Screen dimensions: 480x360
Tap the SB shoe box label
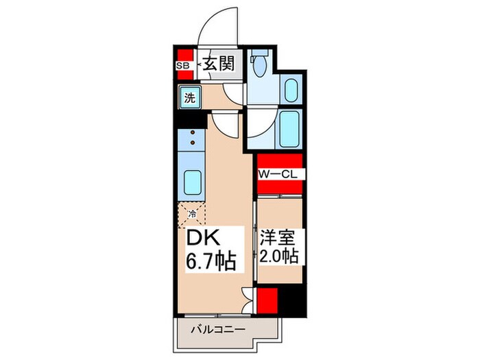pyautogui.click(x=183, y=65)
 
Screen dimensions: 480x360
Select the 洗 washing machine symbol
pyautogui.click(x=190, y=97)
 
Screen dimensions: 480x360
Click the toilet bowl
pyautogui.click(x=260, y=66)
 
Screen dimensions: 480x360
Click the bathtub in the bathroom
pyautogui.click(x=289, y=129)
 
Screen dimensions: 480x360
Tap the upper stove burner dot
pyautogui.click(x=193, y=132)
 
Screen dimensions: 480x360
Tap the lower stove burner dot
pyautogui.click(x=193, y=142)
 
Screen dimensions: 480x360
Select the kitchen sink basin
pyautogui.click(x=193, y=182)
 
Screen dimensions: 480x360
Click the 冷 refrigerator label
pyautogui.click(x=192, y=213)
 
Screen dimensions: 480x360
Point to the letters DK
pyautogui.click(x=203, y=237)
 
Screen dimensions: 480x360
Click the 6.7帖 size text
pyautogui.click(x=211, y=261)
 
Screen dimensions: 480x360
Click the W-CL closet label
pyautogui.click(x=278, y=174)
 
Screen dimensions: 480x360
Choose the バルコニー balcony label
pyautogui.click(x=218, y=330)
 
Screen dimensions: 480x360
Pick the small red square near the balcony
pyautogui.click(x=267, y=300)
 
